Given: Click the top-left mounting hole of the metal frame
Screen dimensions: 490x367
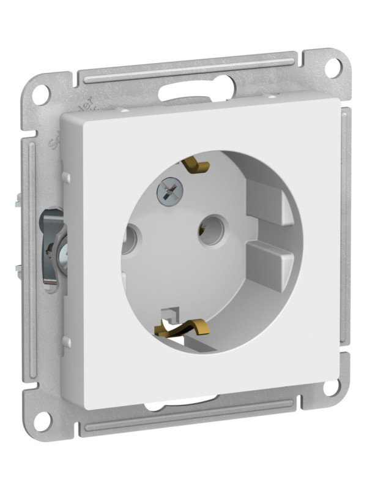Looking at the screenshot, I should click(x=40, y=94).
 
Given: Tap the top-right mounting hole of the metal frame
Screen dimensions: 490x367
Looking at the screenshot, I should click(x=332, y=67).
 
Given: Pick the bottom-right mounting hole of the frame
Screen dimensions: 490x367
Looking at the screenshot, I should click(x=331, y=387).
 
